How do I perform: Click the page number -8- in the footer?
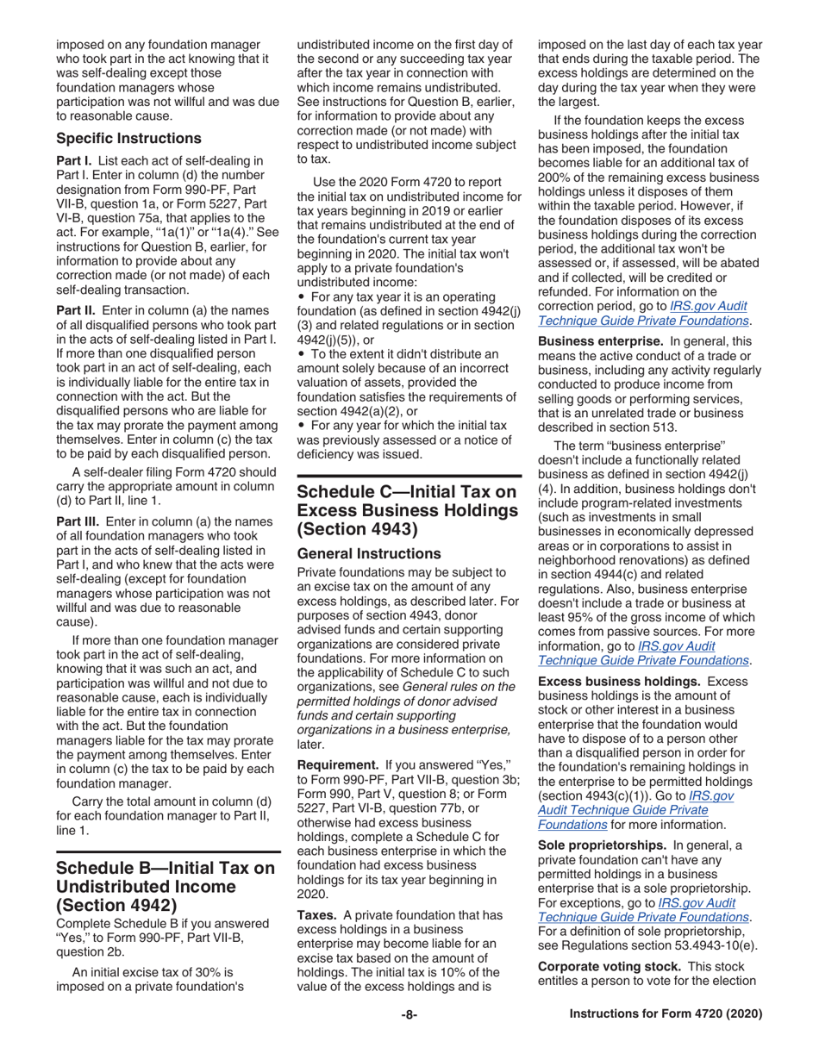click(x=409, y=1014)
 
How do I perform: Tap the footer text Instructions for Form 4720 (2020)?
click(x=666, y=1014)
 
